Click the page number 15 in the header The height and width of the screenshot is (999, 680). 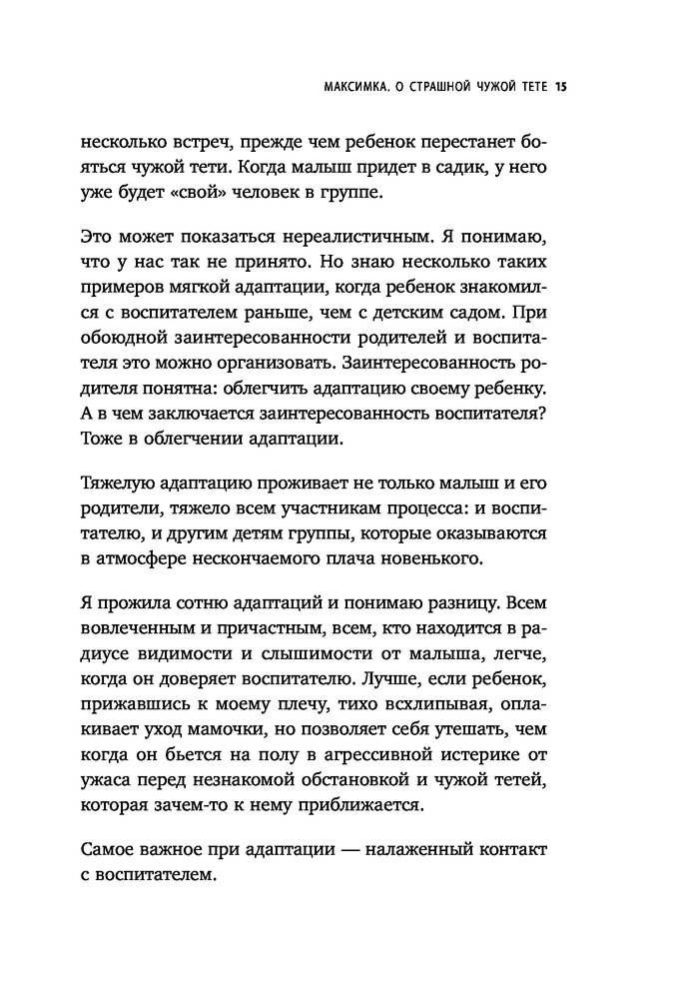pos(560,87)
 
